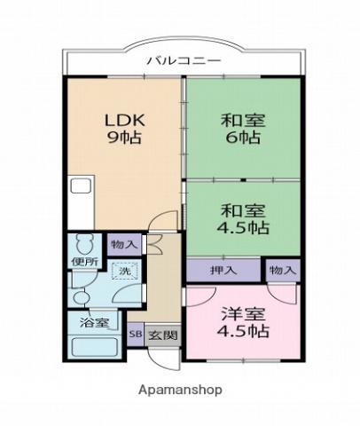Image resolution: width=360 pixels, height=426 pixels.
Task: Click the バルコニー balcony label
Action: coord(184,61)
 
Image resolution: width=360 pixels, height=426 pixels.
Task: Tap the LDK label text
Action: coord(125,120)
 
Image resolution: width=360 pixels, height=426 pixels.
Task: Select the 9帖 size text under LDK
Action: coord(125,138)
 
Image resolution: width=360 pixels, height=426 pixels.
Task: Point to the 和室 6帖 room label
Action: coord(243,129)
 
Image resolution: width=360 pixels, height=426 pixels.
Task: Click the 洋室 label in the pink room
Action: coord(243,314)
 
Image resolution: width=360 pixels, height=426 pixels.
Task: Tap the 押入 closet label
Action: coord(223,270)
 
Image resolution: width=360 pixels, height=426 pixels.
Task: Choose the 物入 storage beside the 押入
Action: coord(283,270)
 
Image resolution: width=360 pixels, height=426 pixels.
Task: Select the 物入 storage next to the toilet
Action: coord(124,244)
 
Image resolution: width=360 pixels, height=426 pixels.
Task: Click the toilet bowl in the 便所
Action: coord(85,243)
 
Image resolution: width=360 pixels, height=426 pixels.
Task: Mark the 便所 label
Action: coord(85,262)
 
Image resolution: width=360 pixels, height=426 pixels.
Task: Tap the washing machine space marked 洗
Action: coord(125,271)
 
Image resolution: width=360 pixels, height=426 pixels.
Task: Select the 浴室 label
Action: coord(95,323)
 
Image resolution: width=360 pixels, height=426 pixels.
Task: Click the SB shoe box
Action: coord(136,335)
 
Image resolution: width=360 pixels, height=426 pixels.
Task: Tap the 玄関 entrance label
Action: coord(163,335)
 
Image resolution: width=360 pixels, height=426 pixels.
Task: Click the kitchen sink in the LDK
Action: coord(82,185)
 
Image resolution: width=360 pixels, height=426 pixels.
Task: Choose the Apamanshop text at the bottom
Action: coord(180,390)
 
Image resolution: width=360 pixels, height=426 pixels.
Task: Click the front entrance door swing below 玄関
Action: coord(164,359)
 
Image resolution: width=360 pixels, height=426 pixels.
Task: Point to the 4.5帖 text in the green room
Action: coord(243,228)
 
